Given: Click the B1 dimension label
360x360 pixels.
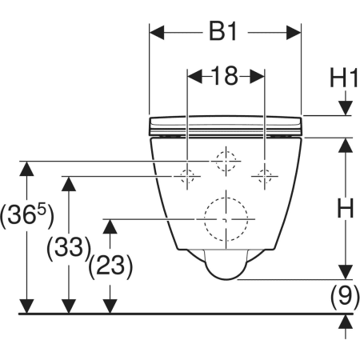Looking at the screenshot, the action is point(223,32).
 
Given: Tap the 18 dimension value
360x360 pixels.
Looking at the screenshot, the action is point(225,76).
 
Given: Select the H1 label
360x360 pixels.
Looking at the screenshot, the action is point(343,78).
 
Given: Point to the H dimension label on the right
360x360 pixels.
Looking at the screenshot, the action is point(346,208).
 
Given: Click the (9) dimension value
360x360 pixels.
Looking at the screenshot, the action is point(345,297).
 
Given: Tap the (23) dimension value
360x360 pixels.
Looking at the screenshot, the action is point(110,266).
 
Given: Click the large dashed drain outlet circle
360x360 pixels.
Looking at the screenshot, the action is point(205,219).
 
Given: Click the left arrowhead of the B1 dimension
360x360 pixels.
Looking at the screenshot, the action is point(157,33).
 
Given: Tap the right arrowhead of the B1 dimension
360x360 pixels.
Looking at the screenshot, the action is point(294,33).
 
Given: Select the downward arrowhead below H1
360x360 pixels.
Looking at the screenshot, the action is point(346,108).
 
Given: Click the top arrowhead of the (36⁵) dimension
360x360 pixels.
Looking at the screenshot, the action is point(26,169).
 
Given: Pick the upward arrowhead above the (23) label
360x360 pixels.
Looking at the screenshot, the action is point(110,226).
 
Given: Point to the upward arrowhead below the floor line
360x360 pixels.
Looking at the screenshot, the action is point(346,322).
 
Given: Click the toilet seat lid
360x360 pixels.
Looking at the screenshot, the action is point(226,126).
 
